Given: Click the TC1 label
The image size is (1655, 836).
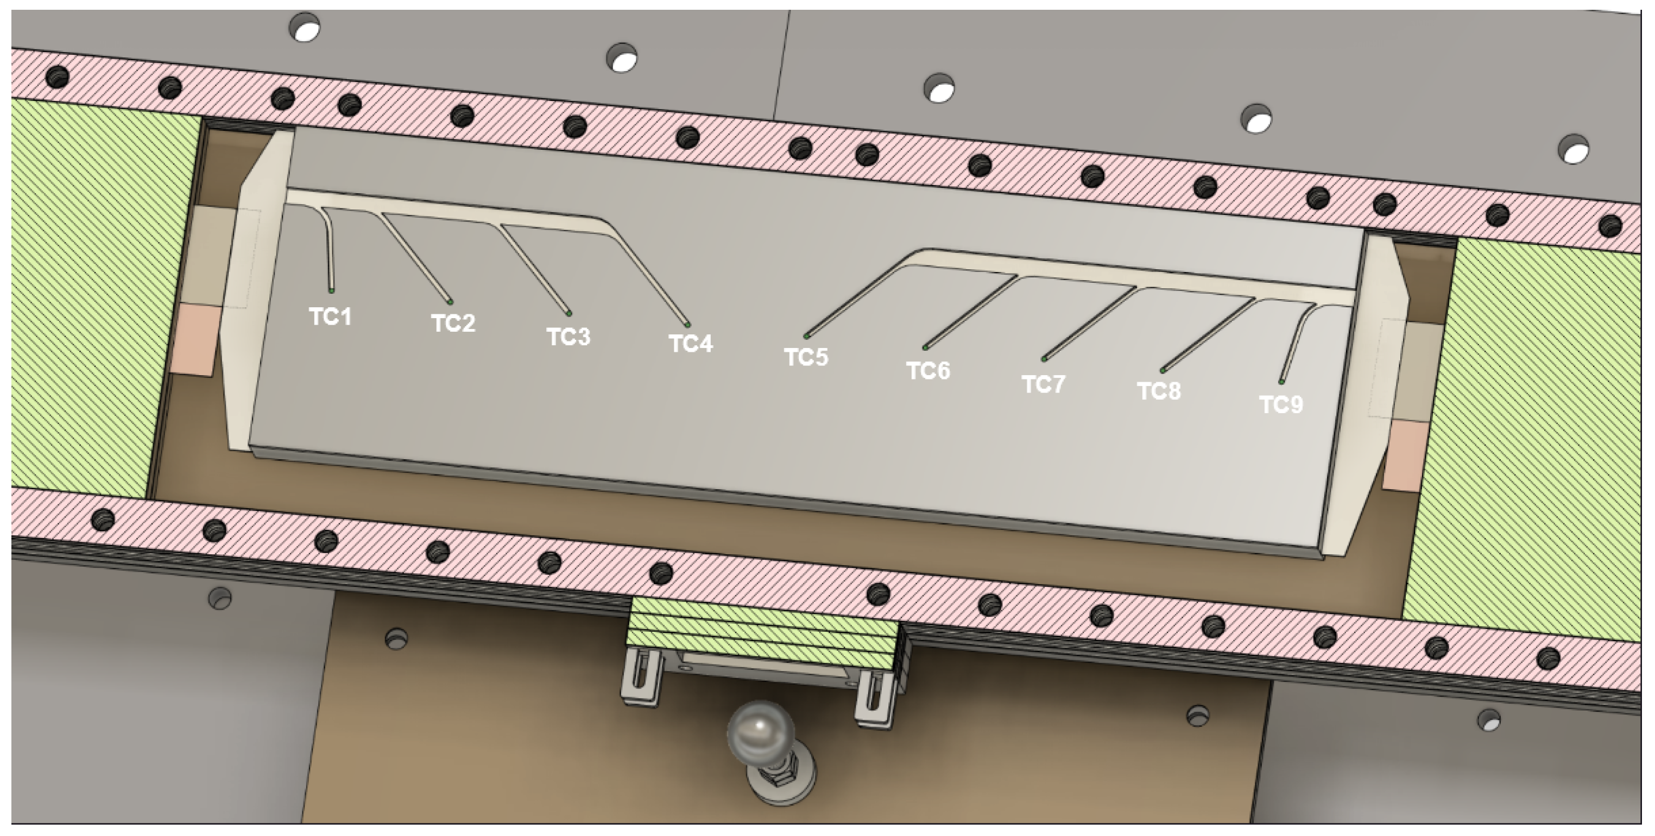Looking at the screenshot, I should tap(330, 316).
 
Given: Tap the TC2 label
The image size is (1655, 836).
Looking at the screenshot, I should tap(453, 323).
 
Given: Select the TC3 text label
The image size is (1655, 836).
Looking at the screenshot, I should tap(568, 337).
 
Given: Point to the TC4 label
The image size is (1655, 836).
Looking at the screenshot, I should tap(691, 344).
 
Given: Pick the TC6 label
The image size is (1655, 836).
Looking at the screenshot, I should tap(928, 370).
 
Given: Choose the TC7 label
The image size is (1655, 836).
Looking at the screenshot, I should tap(1044, 384).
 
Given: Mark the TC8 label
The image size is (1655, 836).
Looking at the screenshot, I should tap(1159, 391).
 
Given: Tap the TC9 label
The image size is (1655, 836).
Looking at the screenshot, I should tap(1280, 404).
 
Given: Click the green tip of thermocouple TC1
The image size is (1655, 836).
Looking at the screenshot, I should tap(332, 291).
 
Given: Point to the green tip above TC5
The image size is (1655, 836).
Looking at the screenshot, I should tap(806, 336).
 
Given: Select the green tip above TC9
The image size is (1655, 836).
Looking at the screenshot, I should tap(1281, 382).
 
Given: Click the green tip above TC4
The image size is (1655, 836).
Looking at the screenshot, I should tap(687, 324).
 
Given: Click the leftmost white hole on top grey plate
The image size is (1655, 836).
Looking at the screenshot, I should tap(305, 28).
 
